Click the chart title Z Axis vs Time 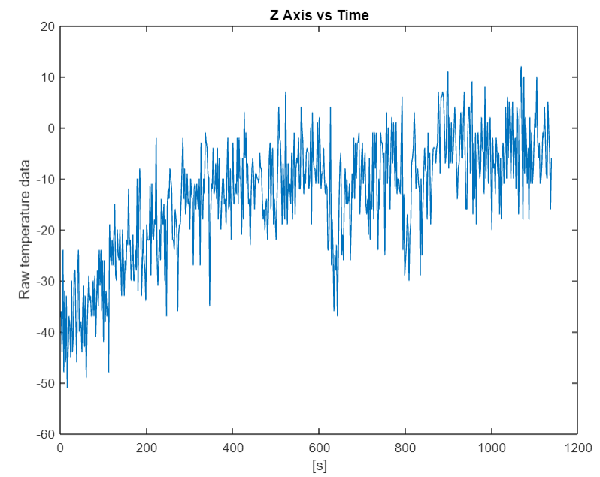click(320, 14)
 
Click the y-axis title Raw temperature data click(25, 229)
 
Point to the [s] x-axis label click(320, 466)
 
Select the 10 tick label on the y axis click(49, 77)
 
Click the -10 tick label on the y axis click(47, 180)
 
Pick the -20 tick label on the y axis click(47, 231)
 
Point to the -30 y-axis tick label click(47, 282)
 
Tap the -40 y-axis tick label click(47, 332)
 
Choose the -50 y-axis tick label click(47, 383)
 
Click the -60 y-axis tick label click(47, 434)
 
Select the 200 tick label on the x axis click(147, 448)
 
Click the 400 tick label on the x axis click(233, 448)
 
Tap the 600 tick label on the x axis click(320, 448)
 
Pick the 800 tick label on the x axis click(405, 448)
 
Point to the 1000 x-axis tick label click(492, 448)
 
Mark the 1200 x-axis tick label click(577, 448)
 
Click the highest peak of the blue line click(521, 66)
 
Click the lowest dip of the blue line click(67, 387)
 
